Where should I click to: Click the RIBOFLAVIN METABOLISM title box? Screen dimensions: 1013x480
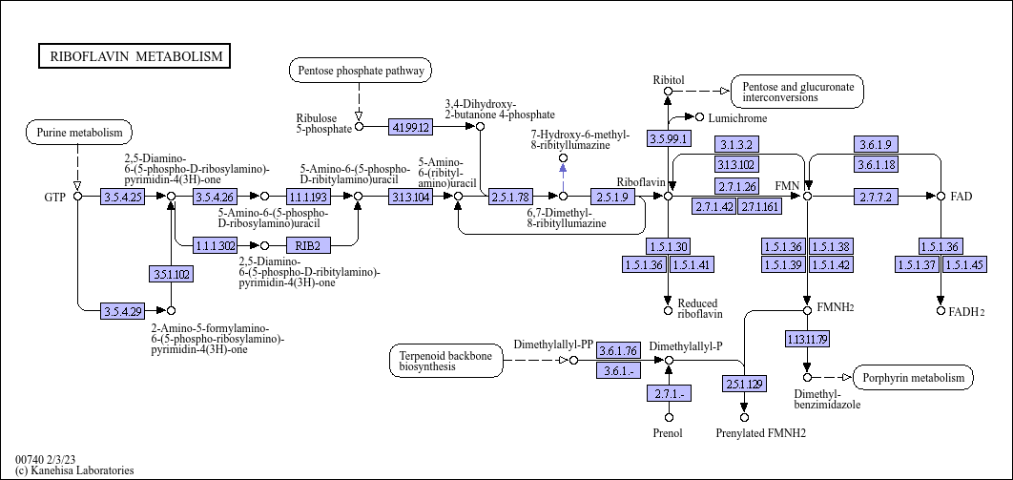134,56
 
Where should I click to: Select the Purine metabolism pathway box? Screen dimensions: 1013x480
79,133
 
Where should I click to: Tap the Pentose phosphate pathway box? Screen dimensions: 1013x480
361,71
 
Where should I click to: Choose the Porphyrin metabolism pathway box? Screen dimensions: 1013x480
914,377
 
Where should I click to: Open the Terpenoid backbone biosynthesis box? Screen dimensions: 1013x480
446,361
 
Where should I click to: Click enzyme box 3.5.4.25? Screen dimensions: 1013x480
123,196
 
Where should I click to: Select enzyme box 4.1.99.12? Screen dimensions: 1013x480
410,127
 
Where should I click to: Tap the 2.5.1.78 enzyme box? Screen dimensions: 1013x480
510,196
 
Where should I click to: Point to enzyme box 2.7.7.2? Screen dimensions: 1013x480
876,196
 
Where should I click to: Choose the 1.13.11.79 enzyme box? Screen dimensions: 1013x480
807,339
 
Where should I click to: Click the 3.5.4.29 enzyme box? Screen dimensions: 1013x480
123,311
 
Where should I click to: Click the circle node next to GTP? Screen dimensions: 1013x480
77,196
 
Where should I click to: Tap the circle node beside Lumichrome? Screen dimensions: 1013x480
699,117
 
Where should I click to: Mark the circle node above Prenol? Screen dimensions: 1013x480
670,417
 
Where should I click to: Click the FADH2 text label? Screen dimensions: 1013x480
966,311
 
